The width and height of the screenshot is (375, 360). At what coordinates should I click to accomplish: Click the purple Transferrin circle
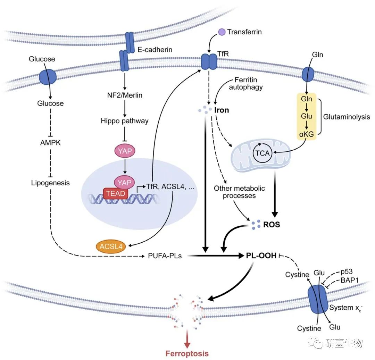(222, 32)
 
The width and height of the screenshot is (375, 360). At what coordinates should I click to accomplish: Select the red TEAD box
(115, 193)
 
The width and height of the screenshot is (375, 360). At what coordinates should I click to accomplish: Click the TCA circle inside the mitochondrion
(262, 153)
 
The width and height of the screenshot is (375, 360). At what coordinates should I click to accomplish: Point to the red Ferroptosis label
(187, 354)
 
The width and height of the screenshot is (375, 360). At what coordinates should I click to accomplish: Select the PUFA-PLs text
(165, 257)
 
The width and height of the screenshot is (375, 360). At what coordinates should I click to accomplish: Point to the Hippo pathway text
(124, 121)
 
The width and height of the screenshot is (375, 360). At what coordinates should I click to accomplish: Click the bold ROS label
(272, 225)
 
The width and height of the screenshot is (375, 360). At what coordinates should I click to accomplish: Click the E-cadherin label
(155, 50)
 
